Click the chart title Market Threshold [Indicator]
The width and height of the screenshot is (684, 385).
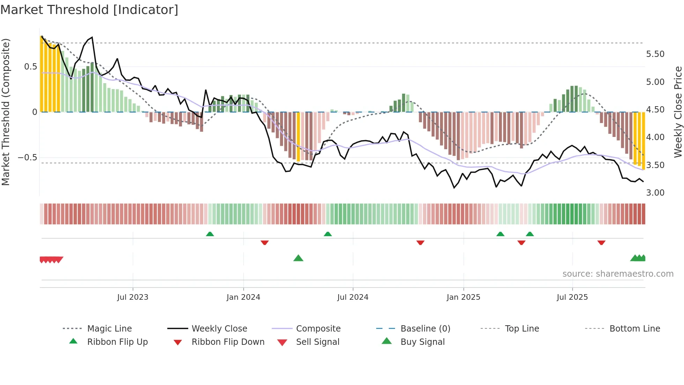[x=89, y=10]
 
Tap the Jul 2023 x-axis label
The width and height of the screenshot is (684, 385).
[x=133, y=297]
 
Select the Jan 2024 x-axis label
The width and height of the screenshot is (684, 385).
[x=243, y=297]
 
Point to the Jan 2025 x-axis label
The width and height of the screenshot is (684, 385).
[x=463, y=297]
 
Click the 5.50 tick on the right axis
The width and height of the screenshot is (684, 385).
[x=655, y=54]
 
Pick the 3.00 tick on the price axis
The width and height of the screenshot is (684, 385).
[x=655, y=193]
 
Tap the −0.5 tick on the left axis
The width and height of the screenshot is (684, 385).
[x=27, y=158]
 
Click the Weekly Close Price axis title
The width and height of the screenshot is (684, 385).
[x=678, y=112]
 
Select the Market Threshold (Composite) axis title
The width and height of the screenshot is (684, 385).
[x=6, y=112]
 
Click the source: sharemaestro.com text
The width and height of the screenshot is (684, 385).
[x=618, y=274]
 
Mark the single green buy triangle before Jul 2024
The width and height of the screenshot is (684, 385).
[x=298, y=259]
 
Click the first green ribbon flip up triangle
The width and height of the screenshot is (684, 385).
[x=210, y=234]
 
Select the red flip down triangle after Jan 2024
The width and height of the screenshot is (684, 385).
[x=265, y=242]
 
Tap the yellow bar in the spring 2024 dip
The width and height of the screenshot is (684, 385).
[x=298, y=137]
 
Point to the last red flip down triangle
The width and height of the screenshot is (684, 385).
[x=601, y=242]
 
